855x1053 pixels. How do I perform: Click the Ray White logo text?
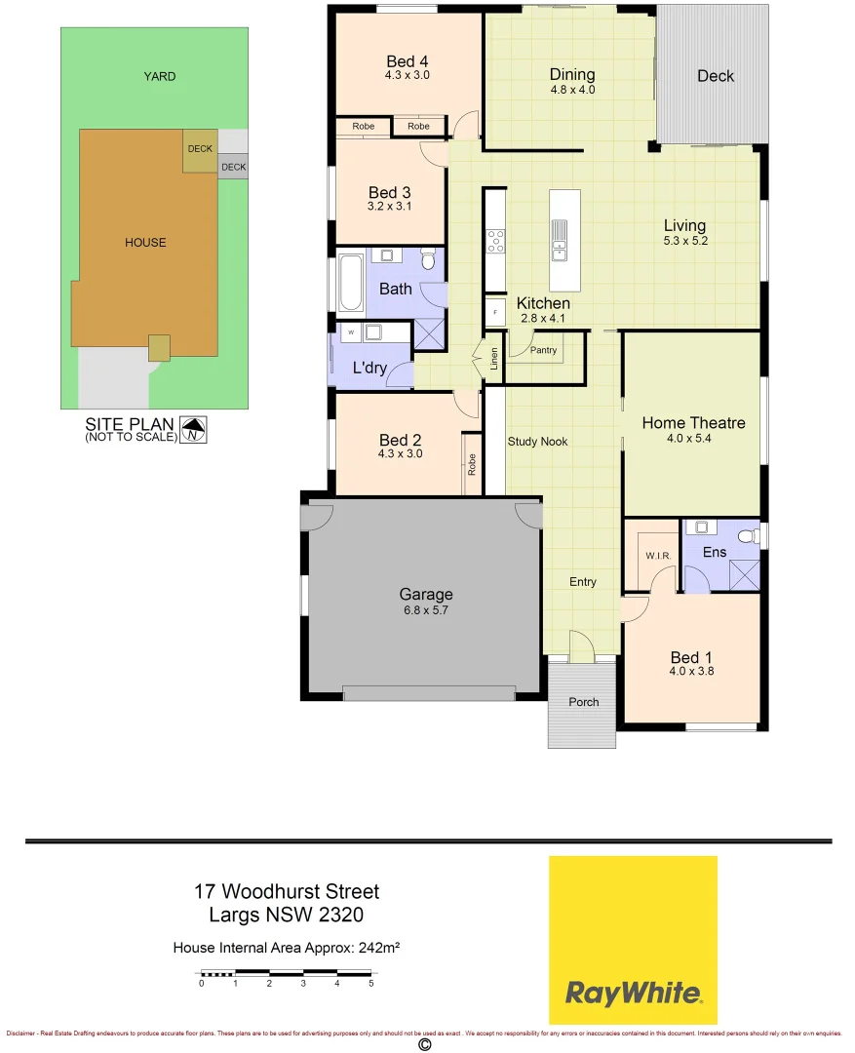(x=633, y=994)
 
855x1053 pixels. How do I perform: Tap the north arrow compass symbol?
(x=195, y=429)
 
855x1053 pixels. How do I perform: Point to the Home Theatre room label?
(x=693, y=422)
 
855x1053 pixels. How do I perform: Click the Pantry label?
(x=544, y=350)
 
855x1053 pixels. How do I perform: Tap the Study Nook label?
(x=537, y=442)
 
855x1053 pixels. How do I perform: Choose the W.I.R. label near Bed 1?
(x=654, y=556)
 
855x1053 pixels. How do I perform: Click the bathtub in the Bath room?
(x=350, y=282)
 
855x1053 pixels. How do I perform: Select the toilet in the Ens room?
(x=749, y=535)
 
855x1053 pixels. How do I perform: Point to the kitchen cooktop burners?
(x=495, y=240)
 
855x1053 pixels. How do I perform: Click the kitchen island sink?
(x=561, y=240)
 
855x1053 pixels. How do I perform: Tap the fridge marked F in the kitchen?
(x=495, y=312)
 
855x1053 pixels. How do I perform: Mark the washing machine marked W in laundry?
(x=350, y=332)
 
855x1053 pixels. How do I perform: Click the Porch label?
(x=583, y=702)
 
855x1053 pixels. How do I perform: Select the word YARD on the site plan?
(x=160, y=76)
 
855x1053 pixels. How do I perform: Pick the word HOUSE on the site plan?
(x=145, y=242)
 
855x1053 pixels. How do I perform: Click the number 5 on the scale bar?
(x=370, y=983)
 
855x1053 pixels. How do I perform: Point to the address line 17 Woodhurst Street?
(x=286, y=891)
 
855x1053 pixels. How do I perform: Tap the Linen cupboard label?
(x=494, y=358)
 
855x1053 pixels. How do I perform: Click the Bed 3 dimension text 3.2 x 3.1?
(x=389, y=207)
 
